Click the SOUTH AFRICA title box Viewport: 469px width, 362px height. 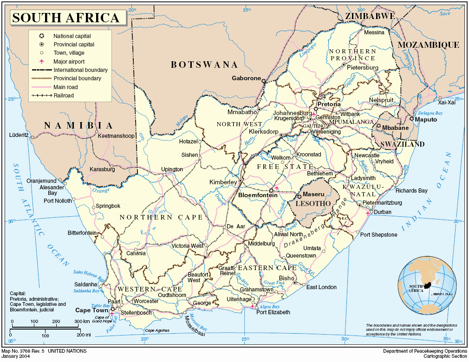pyautogui.click(x=66, y=18)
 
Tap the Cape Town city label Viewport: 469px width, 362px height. pyautogui.click(x=89, y=310)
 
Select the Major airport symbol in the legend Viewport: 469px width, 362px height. pyautogui.click(x=41, y=61)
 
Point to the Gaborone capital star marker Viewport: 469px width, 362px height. pyautogui.click(x=264, y=81)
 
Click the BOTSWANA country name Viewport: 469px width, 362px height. pyautogui.click(x=204, y=65)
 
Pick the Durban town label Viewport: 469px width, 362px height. pyautogui.click(x=382, y=212)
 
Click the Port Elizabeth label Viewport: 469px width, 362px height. pyautogui.click(x=273, y=312)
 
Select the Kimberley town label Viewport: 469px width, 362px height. pyautogui.click(x=223, y=182)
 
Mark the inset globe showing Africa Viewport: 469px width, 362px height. pyautogui.click(x=426, y=285)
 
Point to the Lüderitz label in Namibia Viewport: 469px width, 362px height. pyautogui.click(x=19, y=136)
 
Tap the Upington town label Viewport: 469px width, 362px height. pyautogui.click(x=172, y=169)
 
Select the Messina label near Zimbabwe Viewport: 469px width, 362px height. pyautogui.click(x=374, y=32)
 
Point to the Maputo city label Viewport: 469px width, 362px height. pyautogui.click(x=426, y=119)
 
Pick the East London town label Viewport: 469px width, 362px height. pyautogui.click(x=321, y=287)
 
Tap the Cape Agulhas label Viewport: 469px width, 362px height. pyautogui.click(x=156, y=330)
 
